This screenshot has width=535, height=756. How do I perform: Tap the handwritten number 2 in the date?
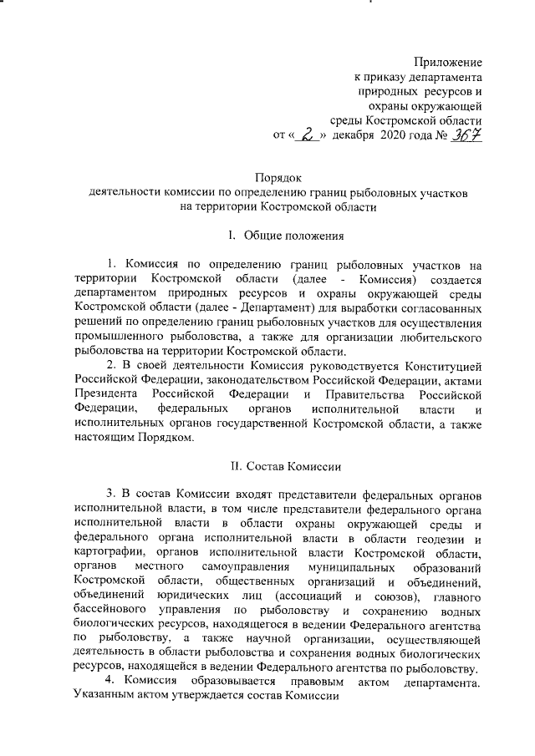309,134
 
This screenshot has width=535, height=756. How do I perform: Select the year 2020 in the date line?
396,134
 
